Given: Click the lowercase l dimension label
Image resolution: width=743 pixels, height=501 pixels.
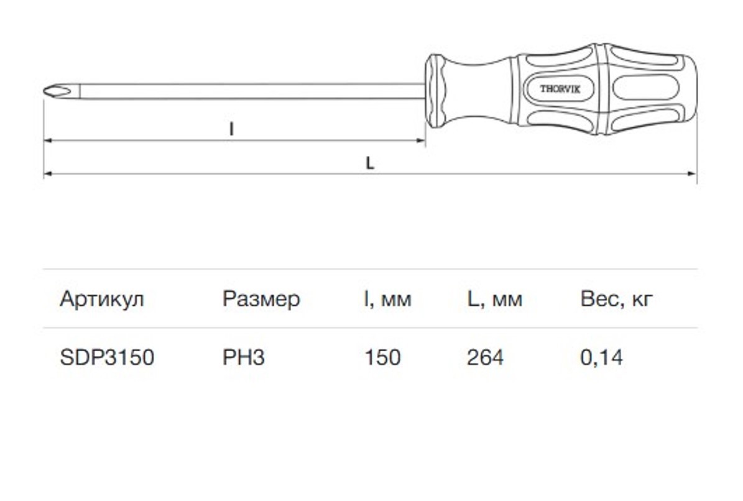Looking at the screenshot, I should pos(231,129).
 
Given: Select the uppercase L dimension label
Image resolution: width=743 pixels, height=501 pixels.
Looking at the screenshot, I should pos(369,163).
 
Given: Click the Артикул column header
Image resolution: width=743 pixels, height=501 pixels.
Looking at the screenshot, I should pos(102,299).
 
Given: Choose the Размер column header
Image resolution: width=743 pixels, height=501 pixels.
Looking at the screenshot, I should pos(261,299).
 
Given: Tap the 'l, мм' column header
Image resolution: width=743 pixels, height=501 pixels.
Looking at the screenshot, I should pos(387,299).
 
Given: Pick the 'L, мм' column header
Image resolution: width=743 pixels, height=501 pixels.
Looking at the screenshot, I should pos(494,299).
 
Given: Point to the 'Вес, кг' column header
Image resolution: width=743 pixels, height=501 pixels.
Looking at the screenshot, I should pos(616,299).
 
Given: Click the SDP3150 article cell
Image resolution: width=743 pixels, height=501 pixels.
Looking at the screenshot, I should pos(107,357).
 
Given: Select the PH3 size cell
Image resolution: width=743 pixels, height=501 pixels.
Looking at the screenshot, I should pos(244,357).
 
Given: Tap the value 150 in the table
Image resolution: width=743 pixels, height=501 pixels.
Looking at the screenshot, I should pos(382,357).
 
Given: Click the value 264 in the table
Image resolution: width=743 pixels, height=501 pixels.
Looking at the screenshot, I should pos(485,357).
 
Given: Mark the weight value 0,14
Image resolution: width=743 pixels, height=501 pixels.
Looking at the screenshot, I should pos(601,357).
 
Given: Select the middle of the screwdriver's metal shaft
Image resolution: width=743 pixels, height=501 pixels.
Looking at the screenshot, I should pos(249,91).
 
